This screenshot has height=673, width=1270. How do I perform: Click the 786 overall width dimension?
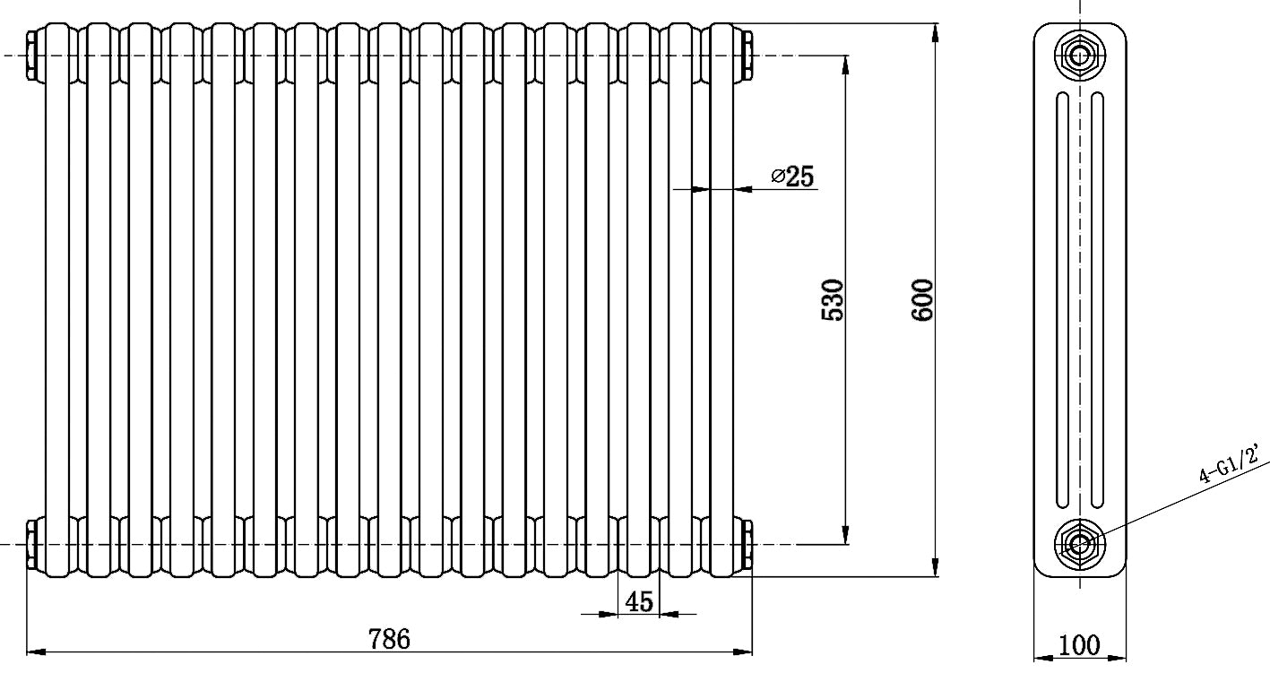pos(389,638)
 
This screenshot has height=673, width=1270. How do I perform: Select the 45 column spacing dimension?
pos(638,601)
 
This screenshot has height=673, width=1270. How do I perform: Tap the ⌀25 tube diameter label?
pos(793,177)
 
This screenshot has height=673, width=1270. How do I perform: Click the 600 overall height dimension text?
pos(922,300)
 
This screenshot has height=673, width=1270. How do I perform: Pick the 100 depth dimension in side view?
pos(1079,644)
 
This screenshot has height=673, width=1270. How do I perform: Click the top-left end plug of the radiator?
pos(33,55)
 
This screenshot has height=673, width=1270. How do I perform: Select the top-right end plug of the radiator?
pos(745,55)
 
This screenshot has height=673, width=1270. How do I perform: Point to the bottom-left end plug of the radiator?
pos(33,543)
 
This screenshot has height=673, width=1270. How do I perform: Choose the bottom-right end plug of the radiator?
pos(745,543)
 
